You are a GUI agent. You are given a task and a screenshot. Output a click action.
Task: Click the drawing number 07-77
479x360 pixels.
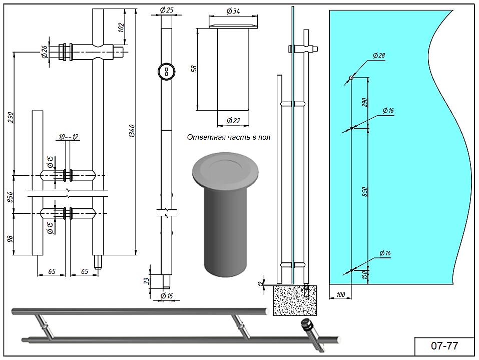444,345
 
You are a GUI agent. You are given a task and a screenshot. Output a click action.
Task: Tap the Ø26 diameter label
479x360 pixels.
44,52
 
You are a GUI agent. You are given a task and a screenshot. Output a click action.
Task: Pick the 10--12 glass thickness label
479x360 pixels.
69,137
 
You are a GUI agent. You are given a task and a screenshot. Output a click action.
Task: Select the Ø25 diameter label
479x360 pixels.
167,11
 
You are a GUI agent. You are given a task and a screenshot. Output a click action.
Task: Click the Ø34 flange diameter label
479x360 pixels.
233,11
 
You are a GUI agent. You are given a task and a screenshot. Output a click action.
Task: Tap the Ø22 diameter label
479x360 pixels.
233,121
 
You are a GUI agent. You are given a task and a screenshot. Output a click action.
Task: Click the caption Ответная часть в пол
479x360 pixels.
228,137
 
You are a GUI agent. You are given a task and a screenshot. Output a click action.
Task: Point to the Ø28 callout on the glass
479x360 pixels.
379,56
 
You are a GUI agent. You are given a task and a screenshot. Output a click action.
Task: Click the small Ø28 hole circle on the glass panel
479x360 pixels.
351,78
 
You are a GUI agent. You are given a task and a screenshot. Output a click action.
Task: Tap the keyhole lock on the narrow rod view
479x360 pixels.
166,72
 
